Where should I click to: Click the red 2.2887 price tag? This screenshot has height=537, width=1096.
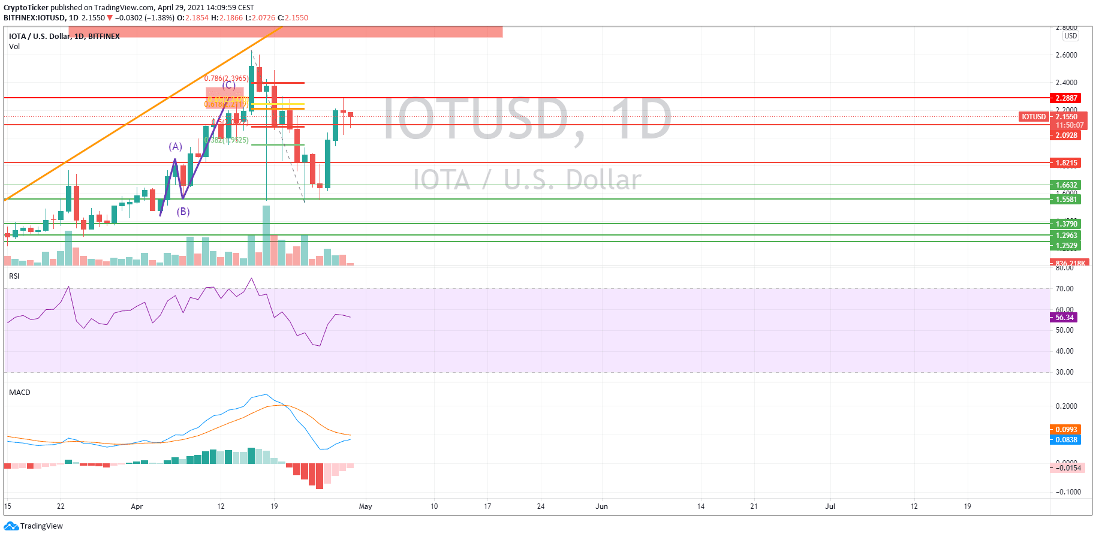[1066, 98]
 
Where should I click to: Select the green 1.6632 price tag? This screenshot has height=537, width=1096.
[1066, 185]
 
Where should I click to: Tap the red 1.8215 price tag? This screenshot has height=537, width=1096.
[1066, 163]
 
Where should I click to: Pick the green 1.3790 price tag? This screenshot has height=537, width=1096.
[1066, 224]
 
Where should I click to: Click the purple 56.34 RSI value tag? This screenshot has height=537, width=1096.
[1064, 318]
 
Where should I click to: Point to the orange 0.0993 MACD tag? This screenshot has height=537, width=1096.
[1065, 430]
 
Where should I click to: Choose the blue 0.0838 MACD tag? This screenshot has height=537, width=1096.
[1065, 440]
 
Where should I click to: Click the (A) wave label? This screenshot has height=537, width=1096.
[175, 146]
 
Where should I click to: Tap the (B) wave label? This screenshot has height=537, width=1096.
[183, 212]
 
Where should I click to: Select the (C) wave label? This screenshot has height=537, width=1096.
[228, 85]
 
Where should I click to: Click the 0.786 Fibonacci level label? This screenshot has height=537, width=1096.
[226, 79]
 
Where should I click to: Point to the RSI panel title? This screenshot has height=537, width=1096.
[14, 276]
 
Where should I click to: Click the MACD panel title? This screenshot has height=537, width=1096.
[20, 393]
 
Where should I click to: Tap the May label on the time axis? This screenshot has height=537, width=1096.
[365, 506]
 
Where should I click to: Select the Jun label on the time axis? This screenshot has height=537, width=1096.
[601, 506]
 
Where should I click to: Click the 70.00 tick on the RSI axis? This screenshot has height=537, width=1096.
[1064, 289]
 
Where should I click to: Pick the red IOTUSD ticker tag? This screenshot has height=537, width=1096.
[1034, 117]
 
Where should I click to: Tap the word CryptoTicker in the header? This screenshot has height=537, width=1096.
[26, 8]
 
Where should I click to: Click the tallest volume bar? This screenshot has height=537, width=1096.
[266, 236]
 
